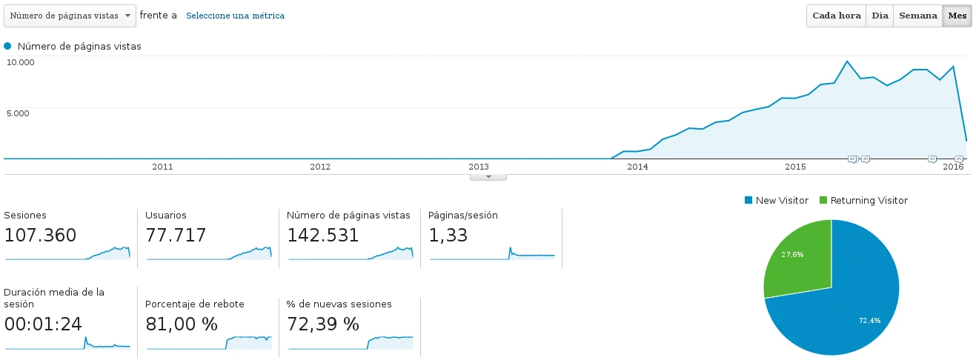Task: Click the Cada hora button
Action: click(x=837, y=16)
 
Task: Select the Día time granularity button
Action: click(x=880, y=16)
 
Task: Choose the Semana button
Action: click(x=917, y=16)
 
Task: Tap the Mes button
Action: click(x=957, y=16)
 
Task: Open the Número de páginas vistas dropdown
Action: click(x=70, y=16)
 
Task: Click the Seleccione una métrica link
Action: click(x=235, y=16)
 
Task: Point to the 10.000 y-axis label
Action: click(x=21, y=62)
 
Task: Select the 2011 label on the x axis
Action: click(x=162, y=167)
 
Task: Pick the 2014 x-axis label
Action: click(x=637, y=167)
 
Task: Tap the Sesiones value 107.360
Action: click(x=40, y=236)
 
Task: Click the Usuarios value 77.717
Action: click(x=176, y=236)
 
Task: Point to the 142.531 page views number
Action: click(x=323, y=236)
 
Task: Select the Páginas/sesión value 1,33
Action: click(x=448, y=236)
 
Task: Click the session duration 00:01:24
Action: click(x=43, y=324)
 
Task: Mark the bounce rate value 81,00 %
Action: click(x=182, y=324)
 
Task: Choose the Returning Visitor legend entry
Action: click(x=863, y=201)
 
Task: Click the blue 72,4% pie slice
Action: click(x=852, y=311)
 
